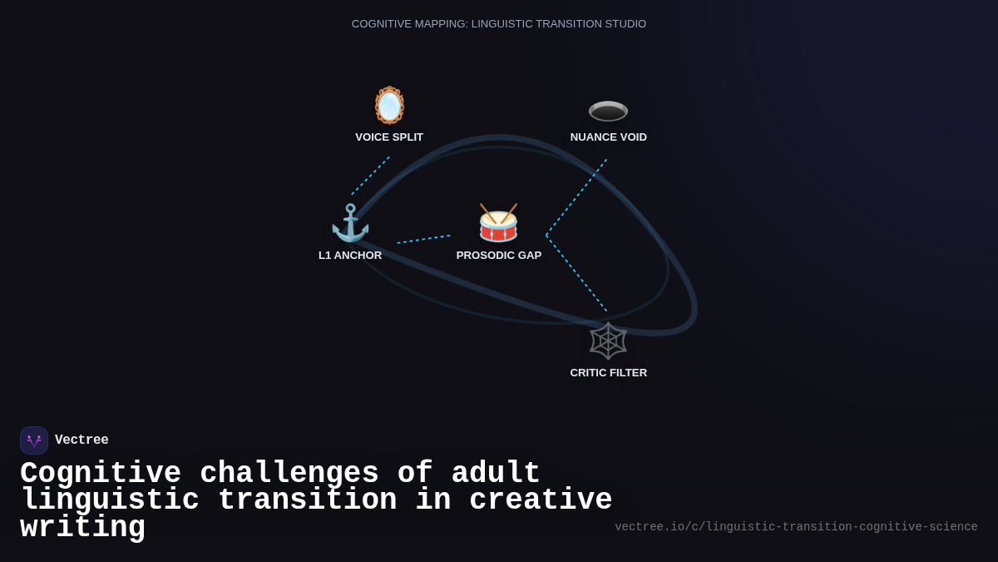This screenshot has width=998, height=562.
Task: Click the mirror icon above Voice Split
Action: (x=389, y=106)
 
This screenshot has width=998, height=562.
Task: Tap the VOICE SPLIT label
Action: (x=389, y=137)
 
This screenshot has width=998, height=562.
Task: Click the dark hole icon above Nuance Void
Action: (x=608, y=110)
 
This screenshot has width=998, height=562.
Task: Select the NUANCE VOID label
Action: (x=608, y=137)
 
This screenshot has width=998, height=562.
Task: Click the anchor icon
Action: (x=350, y=223)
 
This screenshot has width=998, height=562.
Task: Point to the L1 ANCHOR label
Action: (x=350, y=256)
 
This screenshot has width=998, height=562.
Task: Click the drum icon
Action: (x=498, y=223)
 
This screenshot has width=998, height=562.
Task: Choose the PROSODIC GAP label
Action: (x=498, y=256)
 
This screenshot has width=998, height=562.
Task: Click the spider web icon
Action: (x=608, y=341)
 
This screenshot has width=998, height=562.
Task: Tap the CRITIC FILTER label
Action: (x=608, y=373)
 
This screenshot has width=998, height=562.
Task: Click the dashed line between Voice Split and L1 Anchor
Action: (x=370, y=176)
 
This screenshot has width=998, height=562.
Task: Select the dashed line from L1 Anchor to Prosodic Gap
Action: (x=423, y=239)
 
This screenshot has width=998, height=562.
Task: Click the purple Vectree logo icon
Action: (x=34, y=440)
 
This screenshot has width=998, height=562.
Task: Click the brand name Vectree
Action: (x=82, y=440)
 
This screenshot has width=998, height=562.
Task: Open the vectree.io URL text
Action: (x=796, y=527)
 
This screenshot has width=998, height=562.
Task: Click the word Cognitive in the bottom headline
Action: (x=101, y=473)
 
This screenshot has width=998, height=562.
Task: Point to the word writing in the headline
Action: (x=82, y=528)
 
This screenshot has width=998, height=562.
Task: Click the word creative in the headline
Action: (x=541, y=500)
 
